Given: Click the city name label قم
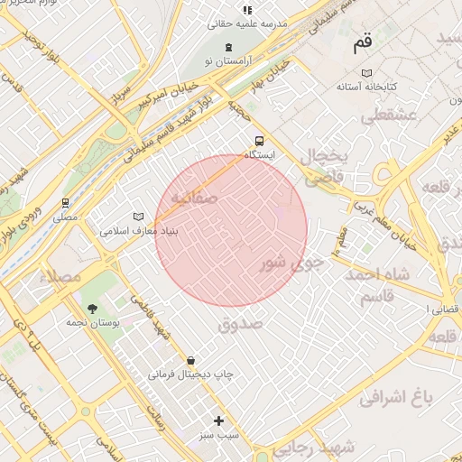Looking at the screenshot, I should (362, 42).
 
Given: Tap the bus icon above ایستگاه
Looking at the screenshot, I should (259, 141).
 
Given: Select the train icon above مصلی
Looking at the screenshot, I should (65, 203).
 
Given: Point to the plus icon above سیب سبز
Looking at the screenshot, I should (218, 420).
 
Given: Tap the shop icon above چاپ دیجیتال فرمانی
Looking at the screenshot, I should (190, 360).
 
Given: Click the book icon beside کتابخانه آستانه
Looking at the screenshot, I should (365, 72).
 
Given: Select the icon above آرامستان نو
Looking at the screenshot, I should (229, 45).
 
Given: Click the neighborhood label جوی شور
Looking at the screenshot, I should (291, 263).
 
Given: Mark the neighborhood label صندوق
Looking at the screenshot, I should (240, 322).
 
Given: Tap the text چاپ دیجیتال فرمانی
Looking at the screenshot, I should (191, 374).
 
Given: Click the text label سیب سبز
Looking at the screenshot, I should (219, 434).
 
